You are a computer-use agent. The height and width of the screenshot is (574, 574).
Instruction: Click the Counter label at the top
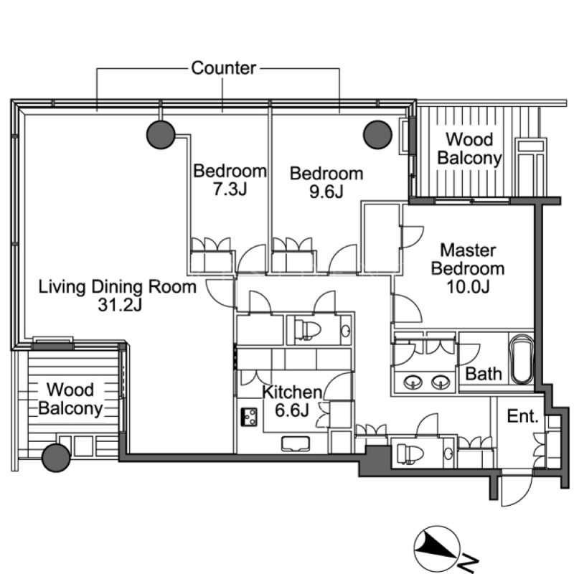pyautogui.click(x=223, y=68)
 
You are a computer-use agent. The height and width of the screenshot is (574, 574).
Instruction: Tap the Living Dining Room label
pyautogui.click(x=118, y=286)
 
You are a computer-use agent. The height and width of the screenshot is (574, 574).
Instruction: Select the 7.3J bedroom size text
pyautogui.click(x=230, y=189)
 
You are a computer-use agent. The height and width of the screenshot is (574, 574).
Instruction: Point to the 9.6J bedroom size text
pyautogui.click(x=326, y=192)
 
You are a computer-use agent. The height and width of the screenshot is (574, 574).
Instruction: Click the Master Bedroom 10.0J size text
pyautogui.click(x=468, y=287)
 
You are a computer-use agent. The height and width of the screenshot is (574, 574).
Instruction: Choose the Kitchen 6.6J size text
pyautogui.click(x=292, y=410)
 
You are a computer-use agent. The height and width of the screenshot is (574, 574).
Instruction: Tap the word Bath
pyautogui.click(x=483, y=374)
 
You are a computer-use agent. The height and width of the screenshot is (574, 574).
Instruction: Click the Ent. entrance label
pyautogui.click(x=523, y=416)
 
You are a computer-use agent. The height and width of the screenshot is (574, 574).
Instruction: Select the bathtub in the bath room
pyautogui.click(x=522, y=359)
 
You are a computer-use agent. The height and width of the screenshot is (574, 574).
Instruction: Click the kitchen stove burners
pyautogui.click(x=249, y=417)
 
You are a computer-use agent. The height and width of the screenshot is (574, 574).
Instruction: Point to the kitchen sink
pyautogui.click(x=296, y=444)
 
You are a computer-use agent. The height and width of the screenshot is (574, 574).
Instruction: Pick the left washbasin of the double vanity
pyautogui.click(x=413, y=383)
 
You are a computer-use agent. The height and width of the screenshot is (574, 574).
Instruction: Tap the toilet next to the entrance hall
pyautogui.click(x=410, y=454)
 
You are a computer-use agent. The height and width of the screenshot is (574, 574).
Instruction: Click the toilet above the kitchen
pyautogui.click(x=308, y=330)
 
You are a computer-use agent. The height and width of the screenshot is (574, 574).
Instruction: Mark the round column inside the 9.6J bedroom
pyautogui.click(x=377, y=135)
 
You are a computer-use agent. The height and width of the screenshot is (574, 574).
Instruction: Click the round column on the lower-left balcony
pyautogui.click(x=56, y=458)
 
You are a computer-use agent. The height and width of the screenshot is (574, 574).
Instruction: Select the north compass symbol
pyautogui.click(x=437, y=548)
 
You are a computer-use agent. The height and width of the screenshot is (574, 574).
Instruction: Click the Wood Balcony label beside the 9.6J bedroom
pyautogui.click(x=469, y=149)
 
